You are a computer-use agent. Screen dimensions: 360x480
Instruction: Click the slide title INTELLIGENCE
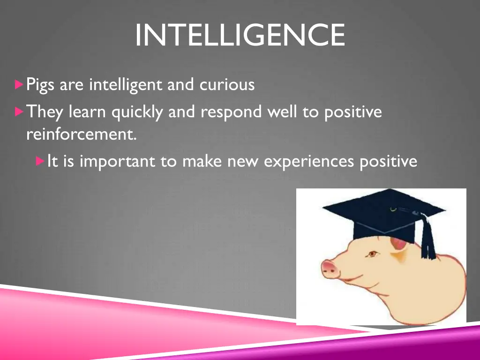pos(240,35)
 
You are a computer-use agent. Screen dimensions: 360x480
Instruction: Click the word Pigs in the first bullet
pos(41,85)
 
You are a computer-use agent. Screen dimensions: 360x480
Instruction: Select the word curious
pos(227,85)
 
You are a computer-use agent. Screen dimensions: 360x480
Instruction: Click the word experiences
pos(309,161)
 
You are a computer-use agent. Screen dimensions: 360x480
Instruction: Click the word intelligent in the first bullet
pos(125,85)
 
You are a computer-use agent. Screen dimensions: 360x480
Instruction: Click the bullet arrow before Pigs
pos(19,85)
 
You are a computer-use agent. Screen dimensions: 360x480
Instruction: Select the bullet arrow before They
pos(19,112)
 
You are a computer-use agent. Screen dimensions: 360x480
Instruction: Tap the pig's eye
pos(372,254)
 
